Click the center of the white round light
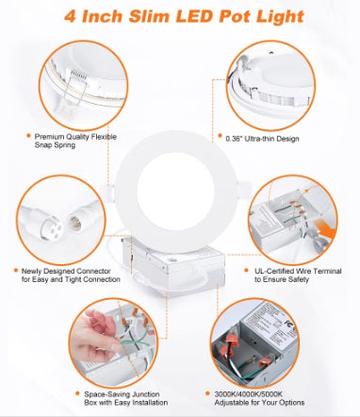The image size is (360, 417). pos(181,179)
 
